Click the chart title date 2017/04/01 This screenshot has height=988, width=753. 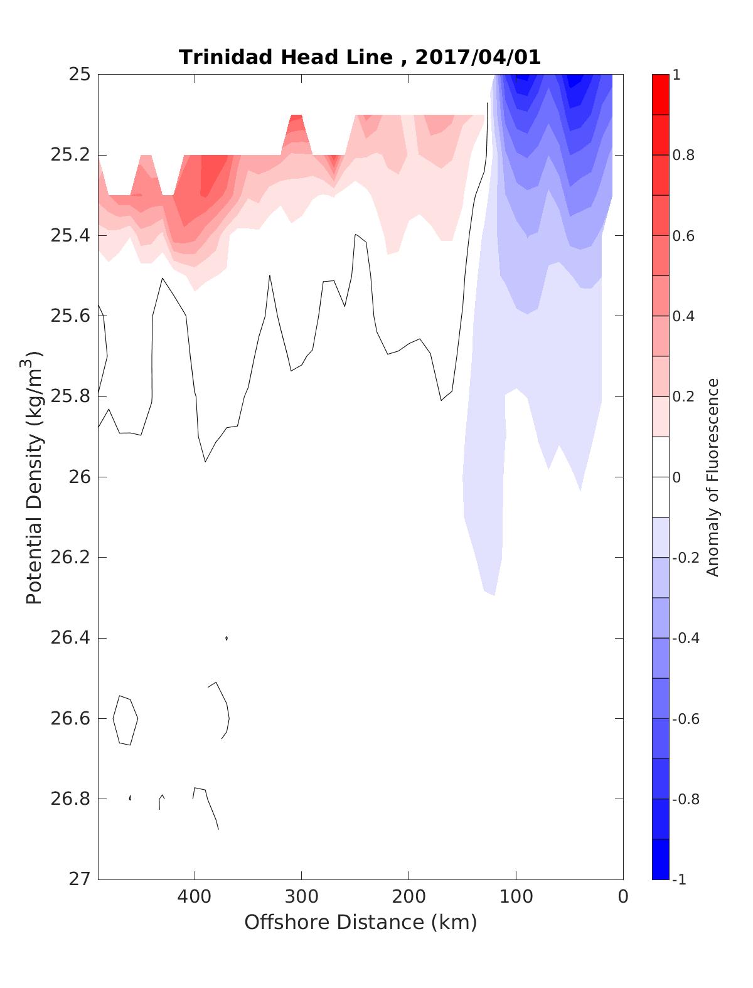click(x=478, y=57)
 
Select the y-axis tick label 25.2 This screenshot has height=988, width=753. click(x=70, y=155)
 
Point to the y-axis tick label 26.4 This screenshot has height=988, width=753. click(x=70, y=638)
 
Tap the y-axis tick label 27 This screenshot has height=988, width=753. click(x=79, y=879)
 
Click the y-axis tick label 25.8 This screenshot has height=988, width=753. click(x=70, y=396)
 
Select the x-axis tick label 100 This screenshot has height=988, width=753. click(x=516, y=896)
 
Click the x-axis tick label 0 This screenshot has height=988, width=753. click(x=622, y=896)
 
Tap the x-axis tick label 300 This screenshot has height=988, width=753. click(x=302, y=896)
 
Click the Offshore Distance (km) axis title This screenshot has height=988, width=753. click(x=360, y=922)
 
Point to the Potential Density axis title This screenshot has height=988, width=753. click(x=35, y=477)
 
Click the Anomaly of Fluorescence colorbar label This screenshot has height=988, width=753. click(x=712, y=477)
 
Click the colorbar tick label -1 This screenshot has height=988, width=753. click(x=679, y=879)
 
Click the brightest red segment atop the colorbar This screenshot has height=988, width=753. click(x=660, y=94)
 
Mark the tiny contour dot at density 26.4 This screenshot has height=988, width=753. click(x=226, y=638)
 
